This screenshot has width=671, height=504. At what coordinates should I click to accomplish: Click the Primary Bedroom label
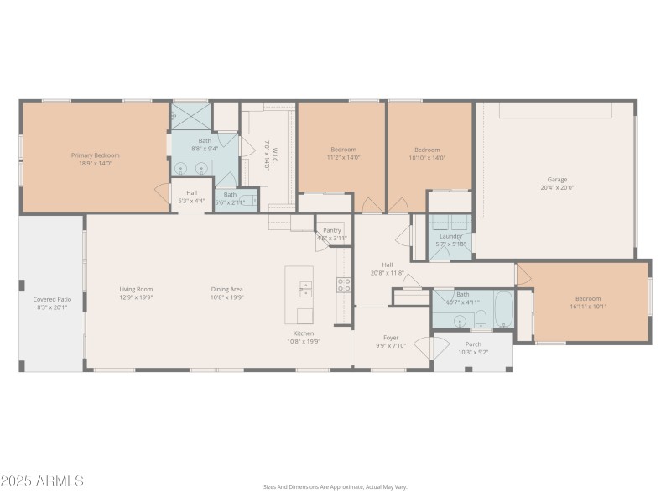(95, 155)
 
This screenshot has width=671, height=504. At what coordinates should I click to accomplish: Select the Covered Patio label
(51, 299)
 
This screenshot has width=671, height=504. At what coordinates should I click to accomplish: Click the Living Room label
(135, 289)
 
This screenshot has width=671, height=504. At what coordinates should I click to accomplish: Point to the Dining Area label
(226, 289)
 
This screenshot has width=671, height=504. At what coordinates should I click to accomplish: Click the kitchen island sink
(305, 290)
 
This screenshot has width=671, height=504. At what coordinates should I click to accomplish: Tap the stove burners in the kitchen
(343, 285)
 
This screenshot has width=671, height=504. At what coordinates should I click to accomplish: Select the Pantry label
(332, 230)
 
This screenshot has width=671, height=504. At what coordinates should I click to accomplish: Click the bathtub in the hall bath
(503, 311)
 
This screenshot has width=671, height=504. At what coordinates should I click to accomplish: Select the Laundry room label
(450, 236)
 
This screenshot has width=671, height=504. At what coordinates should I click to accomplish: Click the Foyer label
(391, 338)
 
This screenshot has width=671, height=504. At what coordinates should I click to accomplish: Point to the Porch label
(473, 344)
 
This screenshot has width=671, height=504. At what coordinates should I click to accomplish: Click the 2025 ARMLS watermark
(42, 481)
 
